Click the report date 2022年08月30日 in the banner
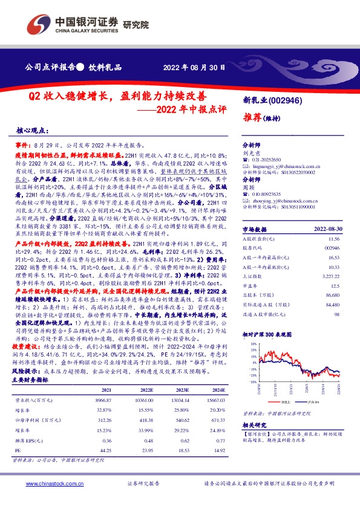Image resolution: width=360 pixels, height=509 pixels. (195, 67)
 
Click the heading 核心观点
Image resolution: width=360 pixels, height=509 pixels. (31, 131)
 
